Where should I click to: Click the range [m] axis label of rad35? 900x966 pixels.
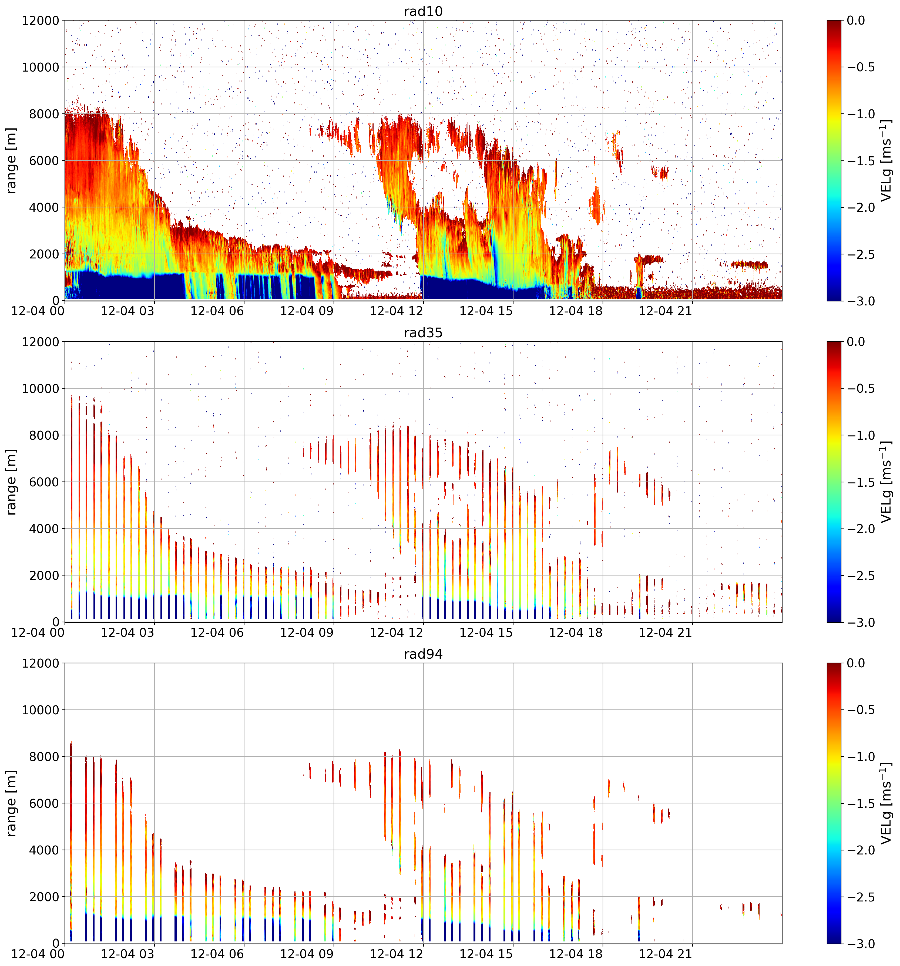(11, 482)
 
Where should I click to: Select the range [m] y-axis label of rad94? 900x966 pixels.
(11, 803)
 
